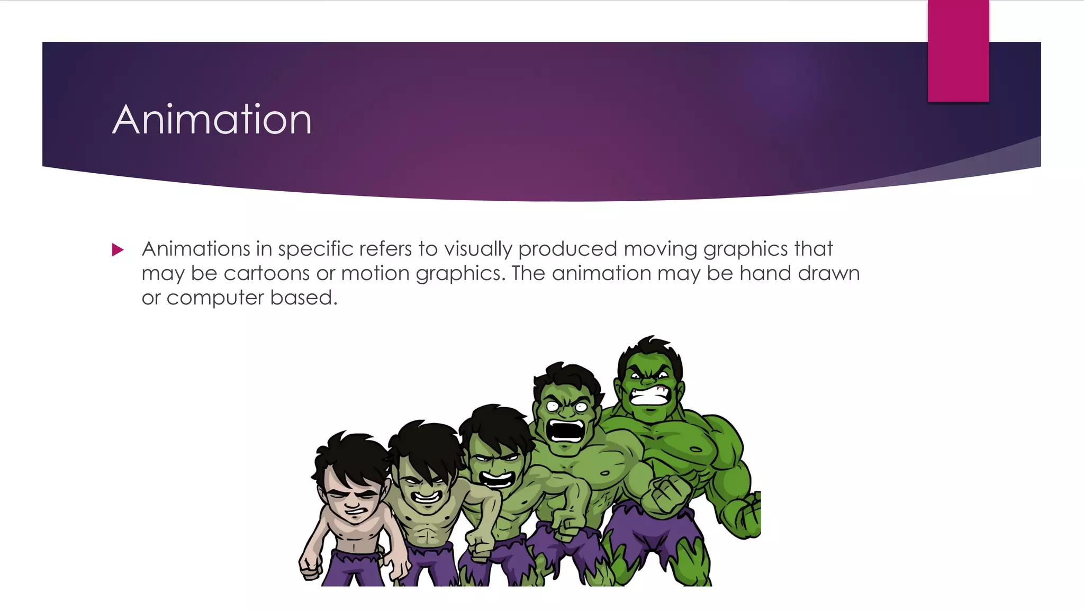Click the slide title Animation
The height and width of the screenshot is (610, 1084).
[x=212, y=120]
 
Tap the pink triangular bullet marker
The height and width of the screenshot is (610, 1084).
[x=118, y=249]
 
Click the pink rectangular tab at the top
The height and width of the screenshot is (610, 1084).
[x=958, y=51]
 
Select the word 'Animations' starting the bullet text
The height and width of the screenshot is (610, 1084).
[x=196, y=249]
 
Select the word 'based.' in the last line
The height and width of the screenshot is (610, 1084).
[x=304, y=298]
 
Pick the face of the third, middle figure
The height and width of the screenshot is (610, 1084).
[x=495, y=469]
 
